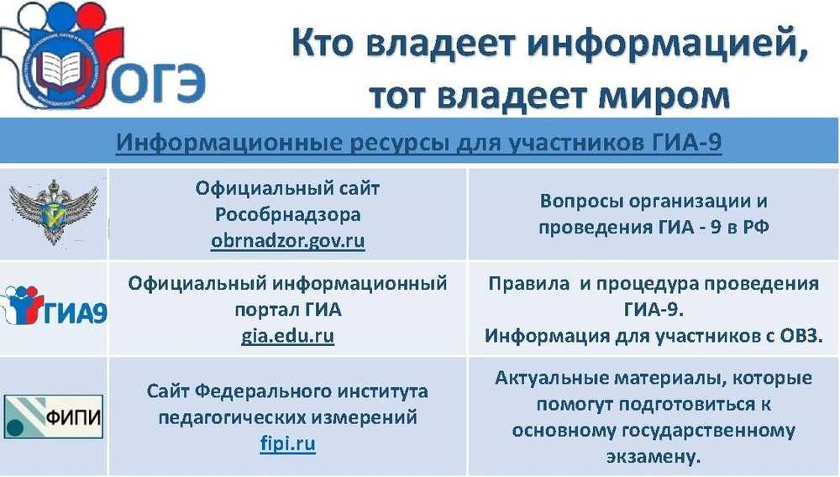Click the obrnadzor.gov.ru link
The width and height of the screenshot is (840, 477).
[x=287, y=241]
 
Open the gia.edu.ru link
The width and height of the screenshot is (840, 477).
[x=287, y=336]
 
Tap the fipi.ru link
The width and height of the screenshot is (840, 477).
[x=287, y=443]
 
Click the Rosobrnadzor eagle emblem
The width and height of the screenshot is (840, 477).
[x=54, y=212]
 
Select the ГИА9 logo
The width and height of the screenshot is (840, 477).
[x=54, y=307]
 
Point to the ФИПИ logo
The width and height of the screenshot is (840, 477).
[x=53, y=417]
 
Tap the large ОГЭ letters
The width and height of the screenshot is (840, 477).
[x=158, y=84]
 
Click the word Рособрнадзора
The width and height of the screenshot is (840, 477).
[x=287, y=215]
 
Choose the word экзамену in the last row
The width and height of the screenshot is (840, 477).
[x=654, y=457]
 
